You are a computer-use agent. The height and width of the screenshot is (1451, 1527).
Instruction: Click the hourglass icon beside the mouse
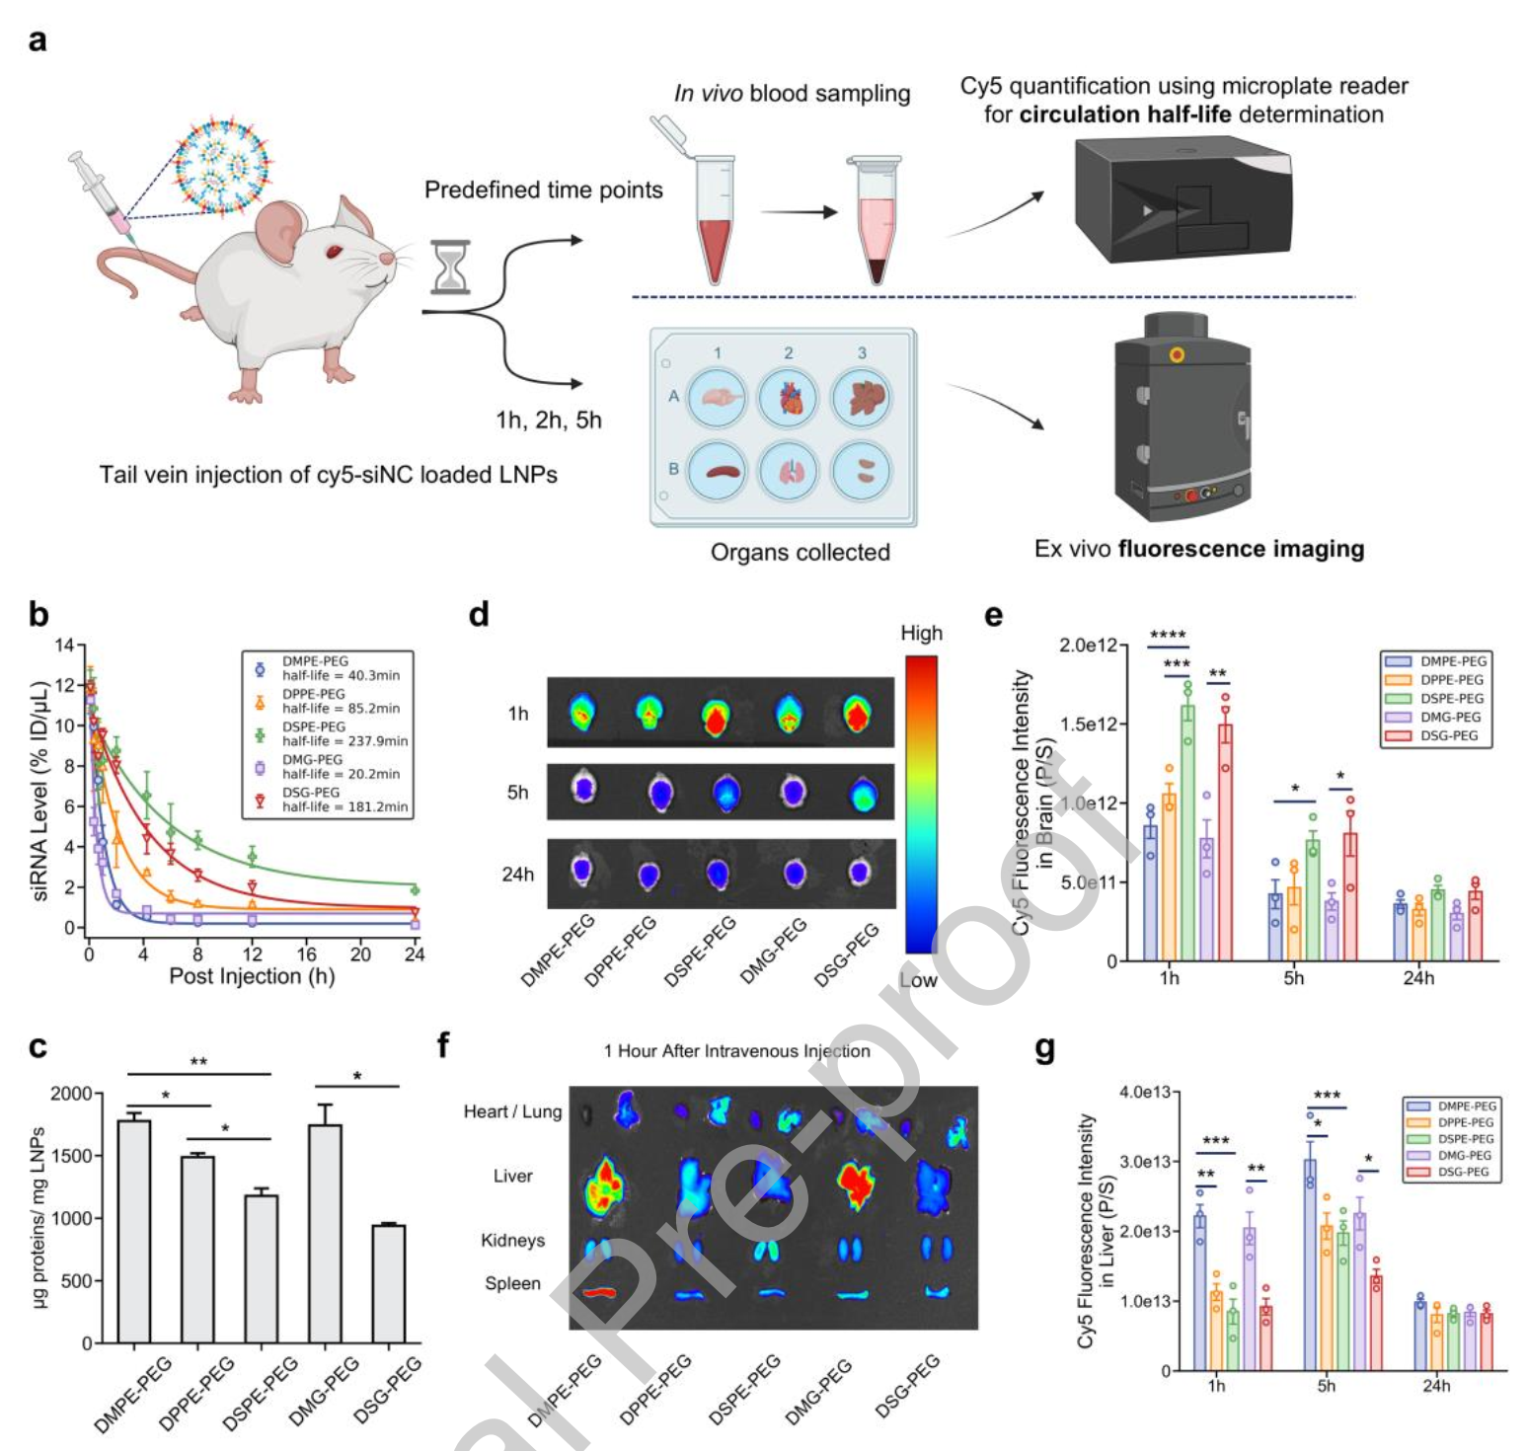point(450,267)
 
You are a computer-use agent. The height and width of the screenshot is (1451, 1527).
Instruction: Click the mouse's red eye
point(334,252)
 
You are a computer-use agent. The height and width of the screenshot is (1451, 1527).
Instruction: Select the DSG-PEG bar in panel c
point(389,1283)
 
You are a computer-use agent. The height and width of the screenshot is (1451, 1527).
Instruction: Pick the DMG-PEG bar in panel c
point(326,1234)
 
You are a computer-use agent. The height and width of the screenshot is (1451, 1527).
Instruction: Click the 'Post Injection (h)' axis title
point(252,976)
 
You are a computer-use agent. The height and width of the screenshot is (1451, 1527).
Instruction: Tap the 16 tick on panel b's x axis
point(307,954)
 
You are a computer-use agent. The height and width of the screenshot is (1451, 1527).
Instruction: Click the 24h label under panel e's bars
point(1418,978)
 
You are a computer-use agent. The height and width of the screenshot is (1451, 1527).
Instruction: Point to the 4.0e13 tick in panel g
point(1145,1093)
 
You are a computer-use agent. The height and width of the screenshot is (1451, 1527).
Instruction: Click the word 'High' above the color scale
point(921,633)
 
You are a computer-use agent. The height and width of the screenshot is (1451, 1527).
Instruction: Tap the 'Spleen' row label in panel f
point(512,1283)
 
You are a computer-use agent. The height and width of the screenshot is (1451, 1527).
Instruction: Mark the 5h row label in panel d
point(517,793)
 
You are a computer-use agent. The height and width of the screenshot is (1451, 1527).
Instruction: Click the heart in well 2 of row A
point(789,399)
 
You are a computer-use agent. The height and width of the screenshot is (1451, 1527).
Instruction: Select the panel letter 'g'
point(1044,1048)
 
